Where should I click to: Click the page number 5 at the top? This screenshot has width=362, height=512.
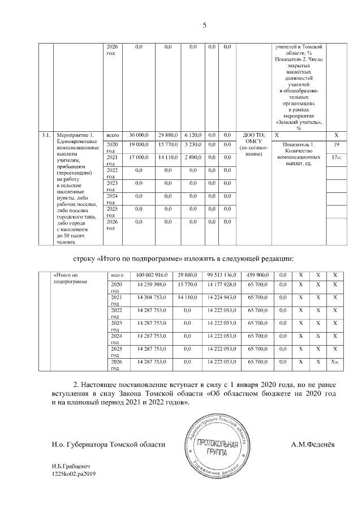click(x=205, y=25)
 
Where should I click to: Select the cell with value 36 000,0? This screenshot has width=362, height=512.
click(x=139, y=135)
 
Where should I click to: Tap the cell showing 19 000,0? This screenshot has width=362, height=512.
click(x=139, y=145)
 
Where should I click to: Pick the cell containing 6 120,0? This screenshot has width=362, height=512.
click(x=193, y=135)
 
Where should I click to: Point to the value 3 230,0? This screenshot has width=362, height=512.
click(x=193, y=145)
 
